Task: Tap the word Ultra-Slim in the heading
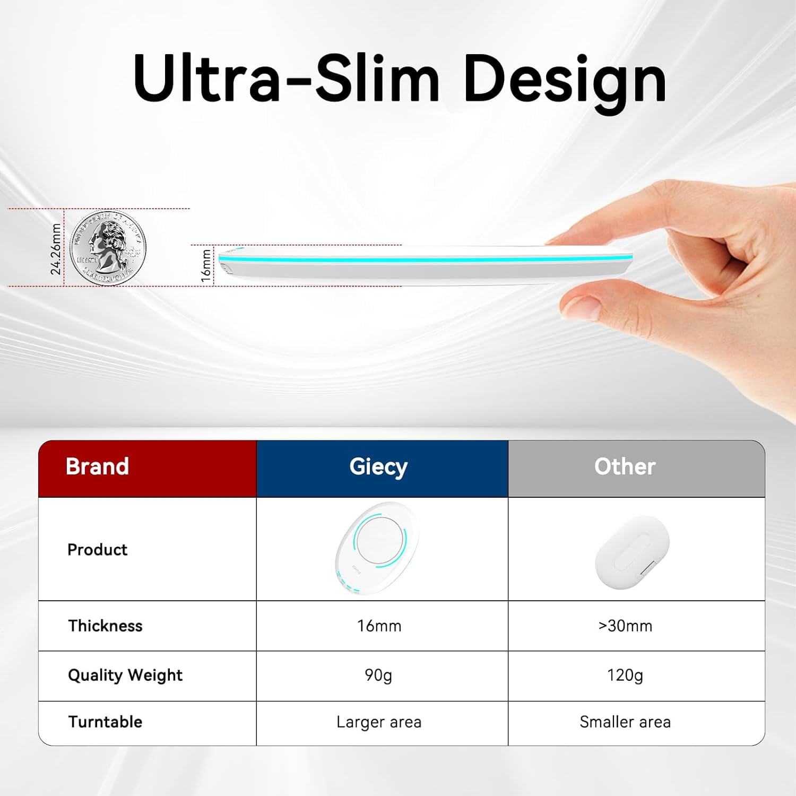[287, 80]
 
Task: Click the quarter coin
[108, 248]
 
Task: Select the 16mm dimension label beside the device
[206, 265]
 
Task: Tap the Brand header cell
[97, 466]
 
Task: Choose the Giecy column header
[378, 466]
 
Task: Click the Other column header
[625, 466]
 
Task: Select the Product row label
[98, 549]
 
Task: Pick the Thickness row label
[105, 626]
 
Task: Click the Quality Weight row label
[125, 675]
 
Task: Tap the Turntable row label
[105, 722]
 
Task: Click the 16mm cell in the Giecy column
[379, 626]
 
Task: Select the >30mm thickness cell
[625, 626]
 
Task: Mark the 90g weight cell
[378, 675]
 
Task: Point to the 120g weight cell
[625, 675]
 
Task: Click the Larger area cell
[379, 722]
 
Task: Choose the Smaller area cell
[625, 722]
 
